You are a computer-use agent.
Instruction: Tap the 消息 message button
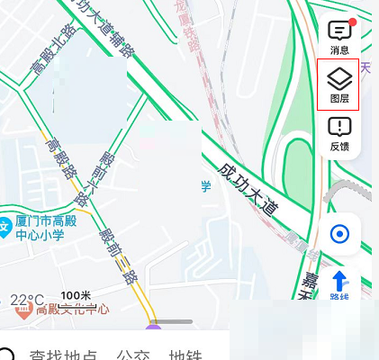(x=339, y=36)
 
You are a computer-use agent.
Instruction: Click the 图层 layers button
(x=339, y=85)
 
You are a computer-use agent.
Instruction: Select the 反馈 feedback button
(x=339, y=132)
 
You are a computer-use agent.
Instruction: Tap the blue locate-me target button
(x=339, y=235)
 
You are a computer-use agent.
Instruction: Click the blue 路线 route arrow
(x=339, y=282)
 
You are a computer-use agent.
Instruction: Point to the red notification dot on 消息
(x=352, y=22)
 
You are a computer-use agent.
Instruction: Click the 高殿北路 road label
(x=54, y=55)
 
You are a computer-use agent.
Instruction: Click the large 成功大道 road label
(x=248, y=186)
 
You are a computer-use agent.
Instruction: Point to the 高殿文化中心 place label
(x=72, y=309)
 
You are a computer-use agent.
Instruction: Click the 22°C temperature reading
(x=26, y=299)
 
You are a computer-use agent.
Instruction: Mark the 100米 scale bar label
(x=77, y=296)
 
